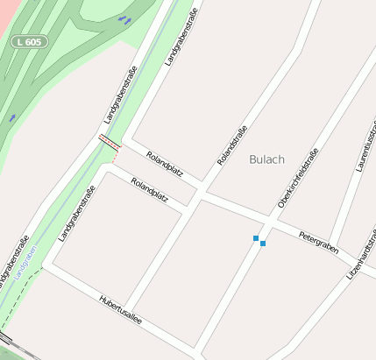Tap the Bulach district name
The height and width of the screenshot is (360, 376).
[x=266, y=159]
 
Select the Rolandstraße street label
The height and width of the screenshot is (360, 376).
[x=232, y=145]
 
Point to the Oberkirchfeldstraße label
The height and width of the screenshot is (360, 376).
[x=298, y=178]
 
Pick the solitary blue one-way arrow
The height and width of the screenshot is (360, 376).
[x=13, y=116]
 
